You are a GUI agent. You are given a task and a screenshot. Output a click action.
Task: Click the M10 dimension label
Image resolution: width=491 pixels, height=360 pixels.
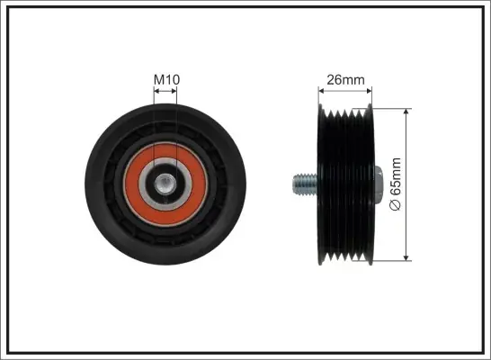[x=166, y=79]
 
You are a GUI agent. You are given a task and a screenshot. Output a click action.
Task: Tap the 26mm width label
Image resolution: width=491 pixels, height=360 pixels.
[x=345, y=80]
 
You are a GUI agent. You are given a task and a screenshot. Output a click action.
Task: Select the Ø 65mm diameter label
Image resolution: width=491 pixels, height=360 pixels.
[x=395, y=184]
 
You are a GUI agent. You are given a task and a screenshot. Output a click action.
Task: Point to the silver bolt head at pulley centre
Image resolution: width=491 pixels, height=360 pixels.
[x=165, y=184]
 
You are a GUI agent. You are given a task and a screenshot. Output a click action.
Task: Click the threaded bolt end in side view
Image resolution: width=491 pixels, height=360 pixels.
[x=305, y=184]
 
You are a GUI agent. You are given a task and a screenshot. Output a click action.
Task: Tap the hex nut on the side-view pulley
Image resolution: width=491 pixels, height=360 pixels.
[x=378, y=184]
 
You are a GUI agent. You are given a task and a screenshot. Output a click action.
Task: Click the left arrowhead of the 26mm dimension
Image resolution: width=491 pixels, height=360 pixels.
[x=321, y=91]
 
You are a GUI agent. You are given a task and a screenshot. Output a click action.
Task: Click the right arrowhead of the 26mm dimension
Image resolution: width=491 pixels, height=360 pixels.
[x=369, y=91]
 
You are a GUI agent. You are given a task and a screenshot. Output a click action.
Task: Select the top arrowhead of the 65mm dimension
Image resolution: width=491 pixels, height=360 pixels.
[x=406, y=112]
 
